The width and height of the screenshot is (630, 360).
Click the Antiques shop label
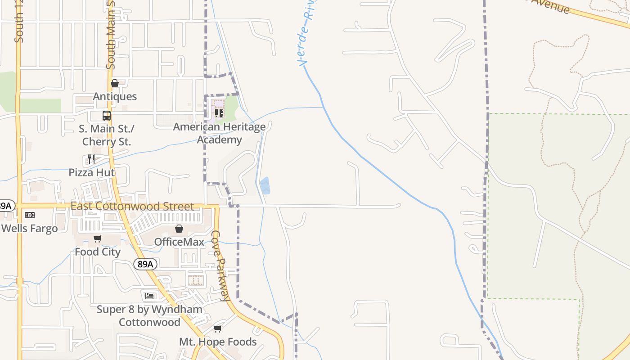[x=115, y=96]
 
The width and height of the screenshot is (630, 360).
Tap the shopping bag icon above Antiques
[x=115, y=83]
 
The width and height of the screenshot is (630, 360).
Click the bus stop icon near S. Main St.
[x=107, y=116]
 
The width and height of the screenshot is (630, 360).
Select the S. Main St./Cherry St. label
[x=107, y=135]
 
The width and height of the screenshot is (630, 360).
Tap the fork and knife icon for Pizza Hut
[x=91, y=159]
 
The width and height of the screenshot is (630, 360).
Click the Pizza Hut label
[x=91, y=172]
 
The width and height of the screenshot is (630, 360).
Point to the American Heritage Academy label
[x=220, y=133]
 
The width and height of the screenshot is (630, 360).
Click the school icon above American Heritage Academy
[x=219, y=113]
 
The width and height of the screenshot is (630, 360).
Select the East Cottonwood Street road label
[x=132, y=207]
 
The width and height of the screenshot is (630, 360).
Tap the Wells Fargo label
[x=30, y=228]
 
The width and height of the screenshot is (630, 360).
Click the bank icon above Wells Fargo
[x=30, y=215]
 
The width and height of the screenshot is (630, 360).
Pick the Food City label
[x=98, y=252]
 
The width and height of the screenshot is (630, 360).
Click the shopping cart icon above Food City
[x=98, y=238]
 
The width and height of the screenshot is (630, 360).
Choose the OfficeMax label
[x=179, y=242]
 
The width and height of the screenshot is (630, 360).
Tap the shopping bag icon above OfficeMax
[x=179, y=229]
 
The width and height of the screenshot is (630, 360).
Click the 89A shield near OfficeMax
[x=145, y=264]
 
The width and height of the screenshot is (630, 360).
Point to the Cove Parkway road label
[x=221, y=265]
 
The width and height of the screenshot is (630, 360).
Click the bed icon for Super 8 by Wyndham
[x=150, y=296]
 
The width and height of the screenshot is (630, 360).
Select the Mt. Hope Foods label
[x=218, y=342]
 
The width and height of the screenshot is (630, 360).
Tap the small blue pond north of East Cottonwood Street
[x=265, y=186]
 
